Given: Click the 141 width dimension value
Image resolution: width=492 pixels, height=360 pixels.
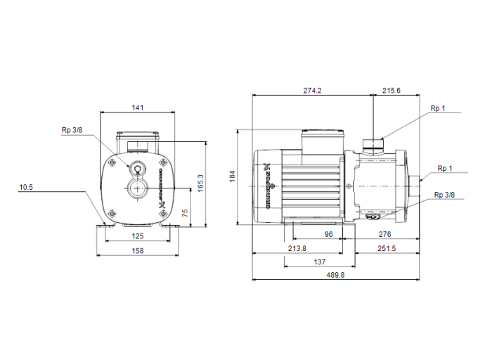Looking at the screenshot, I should (x=138, y=108).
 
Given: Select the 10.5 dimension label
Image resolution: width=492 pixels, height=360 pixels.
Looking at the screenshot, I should (x=26, y=188).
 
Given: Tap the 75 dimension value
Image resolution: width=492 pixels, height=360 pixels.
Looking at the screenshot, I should (x=185, y=212).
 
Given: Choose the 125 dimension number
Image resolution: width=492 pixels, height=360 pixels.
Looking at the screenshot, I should (x=138, y=236).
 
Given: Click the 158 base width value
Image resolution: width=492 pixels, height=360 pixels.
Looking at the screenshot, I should (x=138, y=250).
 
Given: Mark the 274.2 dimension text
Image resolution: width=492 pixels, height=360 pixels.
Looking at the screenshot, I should (x=312, y=91).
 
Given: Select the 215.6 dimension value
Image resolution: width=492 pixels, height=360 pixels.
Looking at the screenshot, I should (x=391, y=91).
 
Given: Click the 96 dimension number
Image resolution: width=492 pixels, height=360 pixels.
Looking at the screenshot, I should (x=328, y=235).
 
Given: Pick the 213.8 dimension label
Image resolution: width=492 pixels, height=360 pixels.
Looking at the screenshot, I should (x=297, y=248).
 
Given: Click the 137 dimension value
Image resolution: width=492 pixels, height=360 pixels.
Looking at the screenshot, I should (x=320, y=262).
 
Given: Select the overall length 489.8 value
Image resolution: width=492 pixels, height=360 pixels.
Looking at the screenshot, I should (x=336, y=276).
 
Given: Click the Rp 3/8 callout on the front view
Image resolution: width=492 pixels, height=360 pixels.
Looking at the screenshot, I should (x=72, y=130).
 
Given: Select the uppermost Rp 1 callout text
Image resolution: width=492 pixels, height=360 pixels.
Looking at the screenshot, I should (x=438, y=108).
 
